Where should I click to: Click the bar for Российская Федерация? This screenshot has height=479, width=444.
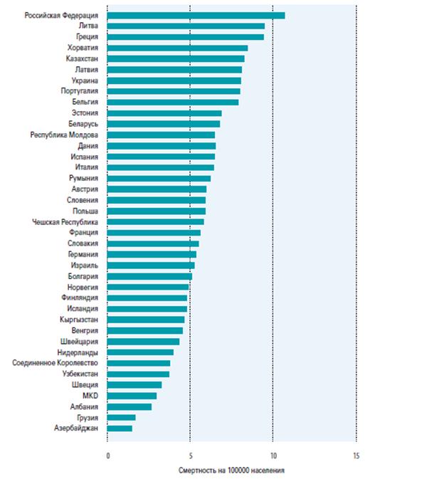tap(196, 15)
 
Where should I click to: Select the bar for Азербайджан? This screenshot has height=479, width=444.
tap(120, 428)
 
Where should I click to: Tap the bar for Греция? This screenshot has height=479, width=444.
tap(185, 37)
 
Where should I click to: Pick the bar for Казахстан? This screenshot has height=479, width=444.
tap(176, 58)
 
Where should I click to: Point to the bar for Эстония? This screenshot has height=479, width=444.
tap(164, 113)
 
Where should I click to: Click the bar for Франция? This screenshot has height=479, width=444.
tap(154, 233)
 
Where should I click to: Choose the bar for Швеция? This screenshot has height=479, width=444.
tap(134, 385)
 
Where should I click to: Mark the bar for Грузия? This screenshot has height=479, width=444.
tap(121, 418)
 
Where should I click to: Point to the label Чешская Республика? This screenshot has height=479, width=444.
tap(65, 222)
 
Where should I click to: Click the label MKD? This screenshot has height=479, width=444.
tap(90, 396)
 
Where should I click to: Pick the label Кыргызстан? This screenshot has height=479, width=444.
tap(80, 320)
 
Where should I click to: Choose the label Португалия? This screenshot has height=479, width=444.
tap(80, 91)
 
